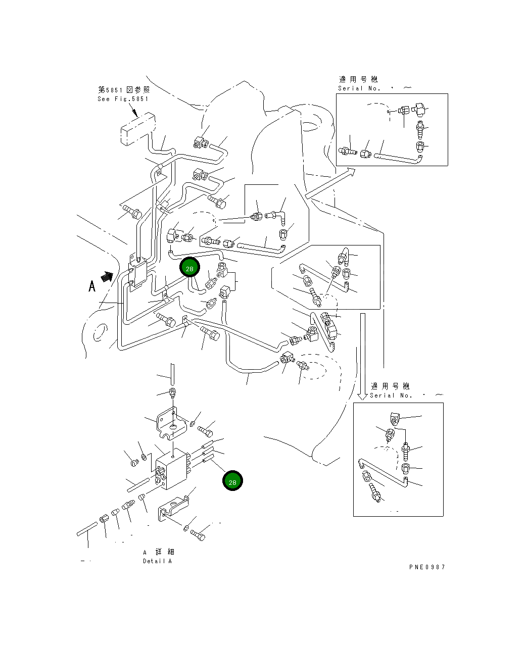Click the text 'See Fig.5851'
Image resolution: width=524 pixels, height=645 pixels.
123,99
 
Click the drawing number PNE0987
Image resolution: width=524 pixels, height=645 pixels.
427,567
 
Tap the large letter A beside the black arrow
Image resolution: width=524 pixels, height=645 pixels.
92,286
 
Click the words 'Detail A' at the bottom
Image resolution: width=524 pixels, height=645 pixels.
157,561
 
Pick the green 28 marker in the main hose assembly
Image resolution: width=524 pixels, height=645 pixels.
189,268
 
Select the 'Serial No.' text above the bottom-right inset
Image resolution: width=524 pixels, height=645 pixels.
391,395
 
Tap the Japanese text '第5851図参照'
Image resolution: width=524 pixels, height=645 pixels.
123,89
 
